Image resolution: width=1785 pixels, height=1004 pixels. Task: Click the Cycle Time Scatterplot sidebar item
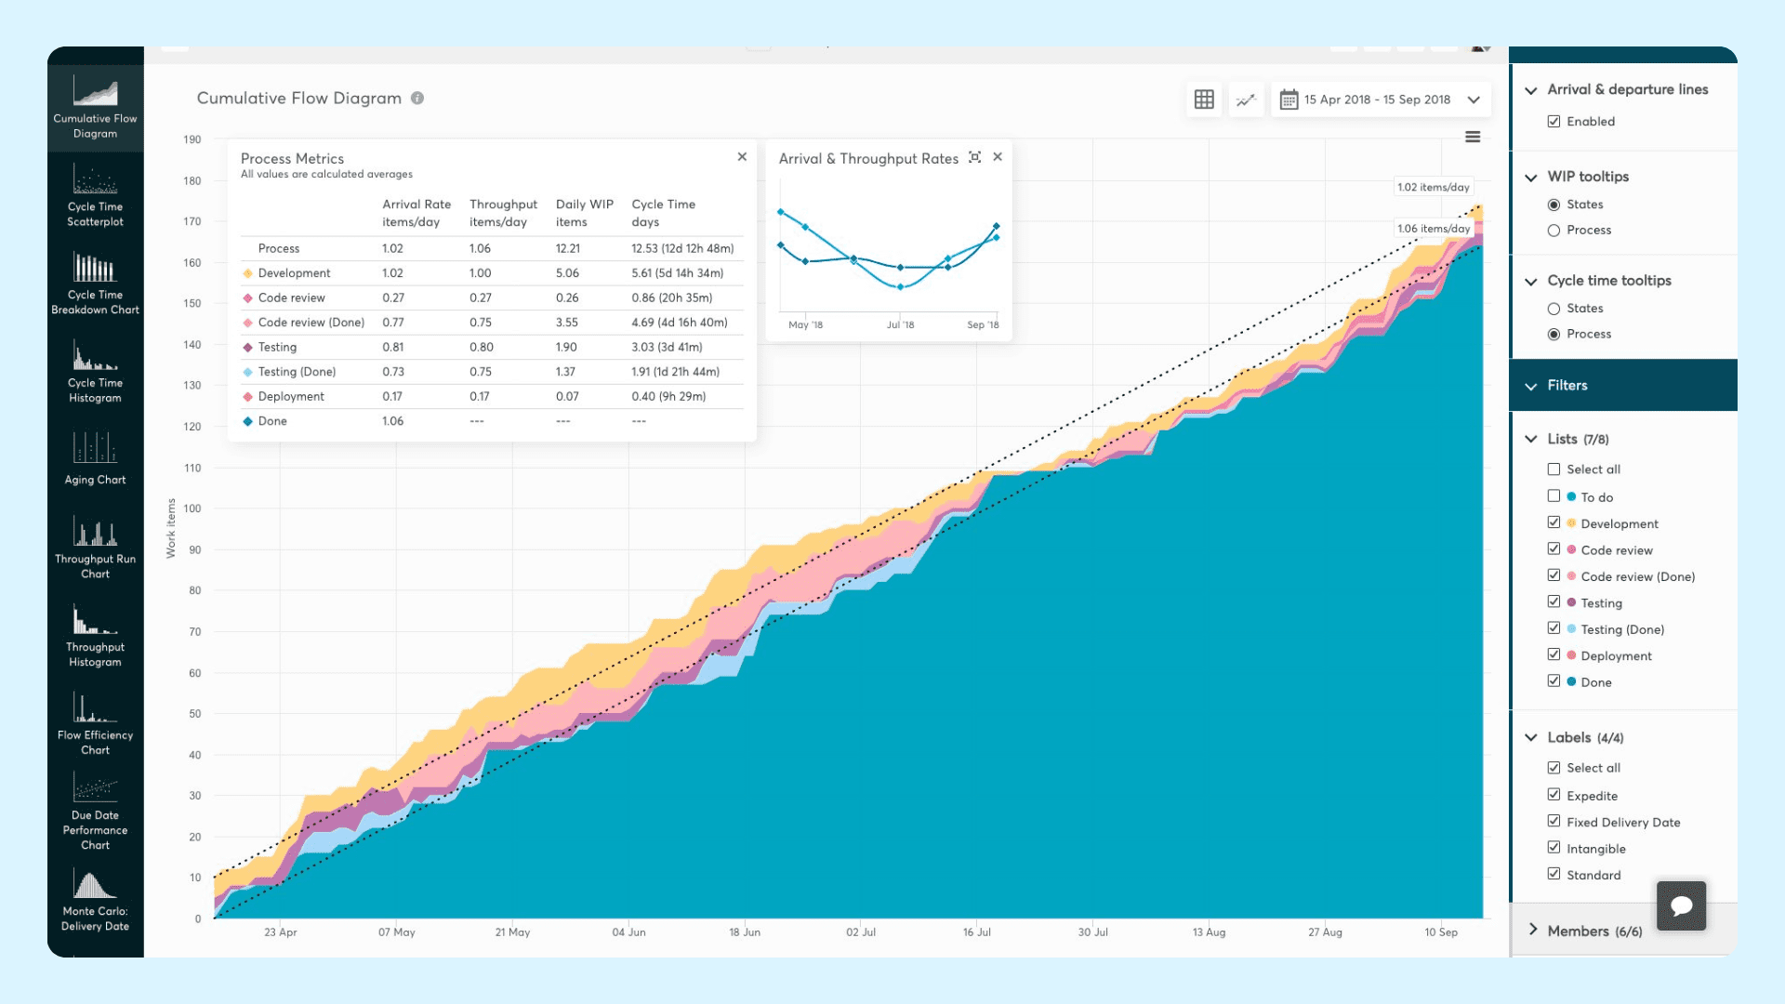[x=95, y=196]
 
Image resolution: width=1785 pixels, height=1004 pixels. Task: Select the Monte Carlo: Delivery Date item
[x=95, y=901]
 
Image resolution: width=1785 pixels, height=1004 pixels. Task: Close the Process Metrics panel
[x=742, y=157]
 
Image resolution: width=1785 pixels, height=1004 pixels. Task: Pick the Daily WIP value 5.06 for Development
[x=567, y=273]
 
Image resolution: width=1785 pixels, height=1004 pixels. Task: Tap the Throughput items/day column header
[x=503, y=213]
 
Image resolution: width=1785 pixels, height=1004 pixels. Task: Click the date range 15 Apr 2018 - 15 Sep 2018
[x=1377, y=99]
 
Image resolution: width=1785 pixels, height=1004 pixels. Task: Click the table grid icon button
[x=1204, y=99]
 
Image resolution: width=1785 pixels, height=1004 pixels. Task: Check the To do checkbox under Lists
[x=1554, y=496]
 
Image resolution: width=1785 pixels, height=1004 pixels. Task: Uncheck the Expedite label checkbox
[x=1554, y=795]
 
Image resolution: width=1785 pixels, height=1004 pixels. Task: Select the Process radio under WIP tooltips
[x=1554, y=231]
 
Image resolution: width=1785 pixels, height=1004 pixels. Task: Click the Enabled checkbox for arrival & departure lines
[x=1554, y=122]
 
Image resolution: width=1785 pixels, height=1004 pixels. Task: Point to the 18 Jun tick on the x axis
[x=745, y=932]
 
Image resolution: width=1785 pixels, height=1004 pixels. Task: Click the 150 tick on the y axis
[x=192, y=303]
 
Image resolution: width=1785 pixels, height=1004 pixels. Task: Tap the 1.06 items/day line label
[x=1434, y=229]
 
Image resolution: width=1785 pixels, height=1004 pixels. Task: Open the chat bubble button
[x=1681, y=905]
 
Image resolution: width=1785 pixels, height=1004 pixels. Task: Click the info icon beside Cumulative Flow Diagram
[x=417, y=99]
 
